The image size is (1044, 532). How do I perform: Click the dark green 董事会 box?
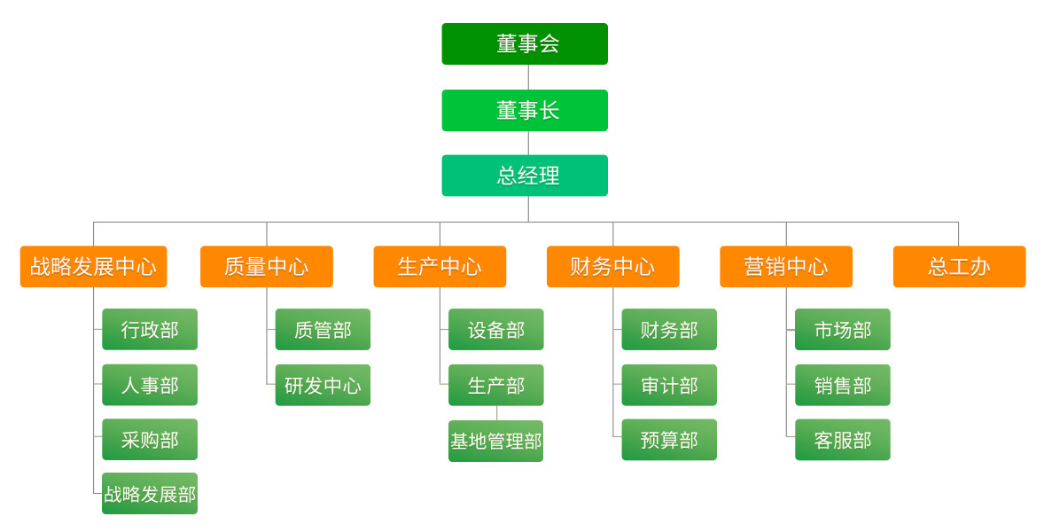[x=525, y=44]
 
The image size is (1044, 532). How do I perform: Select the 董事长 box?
[x=525, y=110]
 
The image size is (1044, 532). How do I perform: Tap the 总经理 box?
[x=525, y=176]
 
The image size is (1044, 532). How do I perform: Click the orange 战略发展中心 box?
[x=93, y=267]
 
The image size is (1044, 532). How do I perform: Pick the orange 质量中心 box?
[x=267, y=267]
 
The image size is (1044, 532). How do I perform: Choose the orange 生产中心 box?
[x=440, y=267]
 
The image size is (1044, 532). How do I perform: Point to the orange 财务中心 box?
[x=612, y=267]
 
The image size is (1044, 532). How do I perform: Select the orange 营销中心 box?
[x=786, y=267]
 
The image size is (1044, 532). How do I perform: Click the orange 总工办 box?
[x=959, y=267]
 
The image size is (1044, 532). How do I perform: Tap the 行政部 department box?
[x=150, y=330]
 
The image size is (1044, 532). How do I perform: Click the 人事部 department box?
[x=150, y=385]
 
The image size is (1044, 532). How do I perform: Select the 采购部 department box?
[x=150, y=440]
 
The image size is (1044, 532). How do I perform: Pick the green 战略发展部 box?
[x=150, y=494]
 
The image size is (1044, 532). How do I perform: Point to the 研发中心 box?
[x=323, y=385]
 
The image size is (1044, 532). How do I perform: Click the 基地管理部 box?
[x=495, y=441]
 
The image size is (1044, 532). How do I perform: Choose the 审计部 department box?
[x=669, y=385]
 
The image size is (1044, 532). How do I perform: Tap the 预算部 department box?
[x=669, y=440]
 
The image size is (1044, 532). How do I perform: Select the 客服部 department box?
[x=842, y=440]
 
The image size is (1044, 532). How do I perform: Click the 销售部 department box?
[x=842, y=385]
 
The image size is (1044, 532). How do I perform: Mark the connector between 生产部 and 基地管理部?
[x=496, y=413]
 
